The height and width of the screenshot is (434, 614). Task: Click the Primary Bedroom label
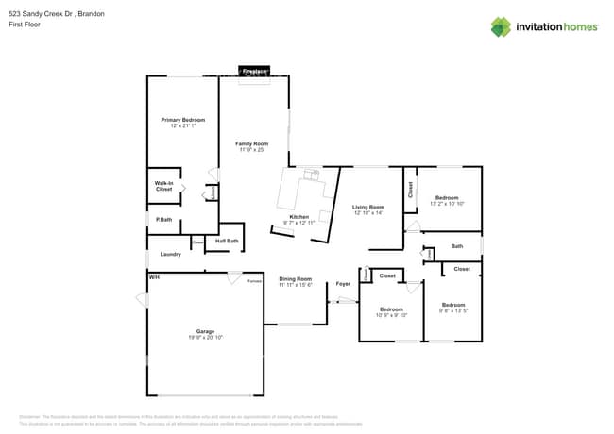(x=182, y=120)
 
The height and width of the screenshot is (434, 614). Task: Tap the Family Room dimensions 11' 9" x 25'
(x=252, y=150)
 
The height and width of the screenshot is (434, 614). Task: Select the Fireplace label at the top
(x=254, y=71)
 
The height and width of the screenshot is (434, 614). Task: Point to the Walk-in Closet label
(x=163, y=187)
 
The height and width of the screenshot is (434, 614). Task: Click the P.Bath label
(x=163, y=220)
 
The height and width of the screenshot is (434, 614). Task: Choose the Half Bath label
(x=227, y=241)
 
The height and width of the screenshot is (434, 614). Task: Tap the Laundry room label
(x=170, y=254)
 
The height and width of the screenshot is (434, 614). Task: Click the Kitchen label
(x=299, y=217)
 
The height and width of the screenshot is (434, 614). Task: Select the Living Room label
(x=368, y=207)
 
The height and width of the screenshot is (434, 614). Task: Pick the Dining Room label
(x=295, y=278)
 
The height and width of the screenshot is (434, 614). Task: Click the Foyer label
(x=343, y=283)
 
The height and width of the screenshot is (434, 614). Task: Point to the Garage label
(x=205, y=331)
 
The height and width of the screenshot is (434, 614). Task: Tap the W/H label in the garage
(x=153, y=277)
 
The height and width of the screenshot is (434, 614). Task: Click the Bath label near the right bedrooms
(x=457, y=246)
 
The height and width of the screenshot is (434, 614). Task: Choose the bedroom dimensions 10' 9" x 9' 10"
(x=392, y=315)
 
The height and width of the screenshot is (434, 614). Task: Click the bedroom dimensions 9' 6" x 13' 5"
(x=453, y=310)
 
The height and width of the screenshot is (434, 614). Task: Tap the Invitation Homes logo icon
(x=501, y=27)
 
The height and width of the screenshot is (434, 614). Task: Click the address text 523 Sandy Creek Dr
(x=43, y=14)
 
